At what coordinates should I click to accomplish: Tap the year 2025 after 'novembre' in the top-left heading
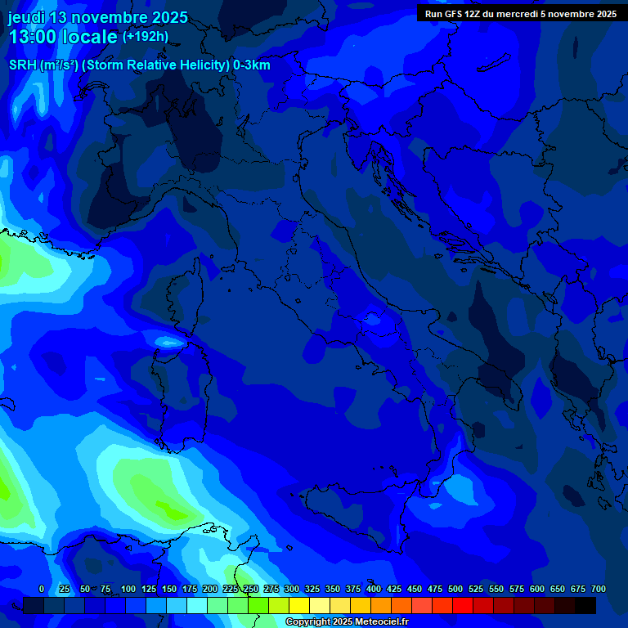tap(166, 17)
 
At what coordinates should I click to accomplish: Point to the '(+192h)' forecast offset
tap(145, 37)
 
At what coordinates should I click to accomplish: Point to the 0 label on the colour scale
tap(42, 589)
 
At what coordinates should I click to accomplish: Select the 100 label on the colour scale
tap(128, 589)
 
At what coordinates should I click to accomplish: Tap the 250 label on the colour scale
tap(251, 589)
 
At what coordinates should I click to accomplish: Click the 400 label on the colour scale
tap(374, 589)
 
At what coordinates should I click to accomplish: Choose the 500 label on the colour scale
tap(455, 589)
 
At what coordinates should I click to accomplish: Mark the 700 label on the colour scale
tap(599, 589)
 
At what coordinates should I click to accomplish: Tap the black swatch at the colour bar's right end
tap(585, 605)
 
